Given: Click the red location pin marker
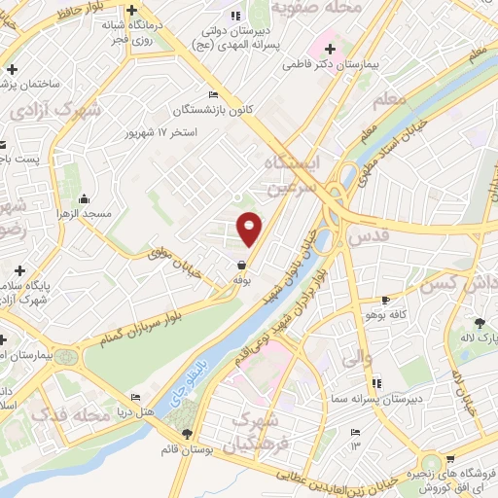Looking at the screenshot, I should [x=249, y=229].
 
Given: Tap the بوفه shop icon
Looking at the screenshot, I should [x=241, y=264].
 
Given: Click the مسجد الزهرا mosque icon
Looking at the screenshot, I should [x=84, y=197].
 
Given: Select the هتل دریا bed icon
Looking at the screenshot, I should [x=136, y=397].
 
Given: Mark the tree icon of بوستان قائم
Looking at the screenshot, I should [x=186, y=434].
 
